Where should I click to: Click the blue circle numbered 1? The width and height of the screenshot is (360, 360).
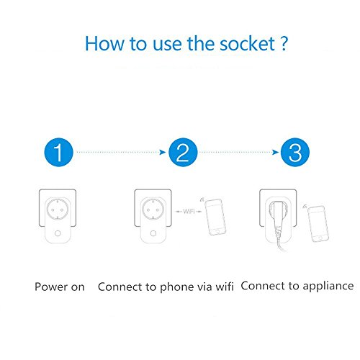(58, 152)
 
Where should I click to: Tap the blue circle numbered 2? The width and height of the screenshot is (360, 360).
(183, 152)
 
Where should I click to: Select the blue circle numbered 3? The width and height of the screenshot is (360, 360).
(295, 152)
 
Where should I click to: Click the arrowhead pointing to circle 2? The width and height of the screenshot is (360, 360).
(163, 152)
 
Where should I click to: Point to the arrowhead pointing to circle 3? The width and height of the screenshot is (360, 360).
(275, 152)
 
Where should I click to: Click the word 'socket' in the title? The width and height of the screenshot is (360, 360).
(247, 44)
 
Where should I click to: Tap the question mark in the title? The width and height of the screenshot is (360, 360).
(284, 43)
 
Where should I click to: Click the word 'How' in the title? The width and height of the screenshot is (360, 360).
(105, 43)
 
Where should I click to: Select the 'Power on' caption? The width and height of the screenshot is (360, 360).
(60, 287)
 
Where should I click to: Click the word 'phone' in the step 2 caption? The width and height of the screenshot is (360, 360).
(177, 287)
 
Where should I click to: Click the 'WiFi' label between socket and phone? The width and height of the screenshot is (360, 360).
(189, 212)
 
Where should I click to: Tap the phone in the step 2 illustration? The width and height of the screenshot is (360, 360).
(215, 217)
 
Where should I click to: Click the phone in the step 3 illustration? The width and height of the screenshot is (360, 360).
(318, 224)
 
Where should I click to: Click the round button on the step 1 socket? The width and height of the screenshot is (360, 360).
(58, 233)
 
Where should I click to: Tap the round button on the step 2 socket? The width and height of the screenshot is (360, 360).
(153, 233)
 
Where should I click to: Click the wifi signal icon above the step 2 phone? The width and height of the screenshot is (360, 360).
(202, 199)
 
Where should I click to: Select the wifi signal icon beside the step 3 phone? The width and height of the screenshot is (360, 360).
(305, 207)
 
